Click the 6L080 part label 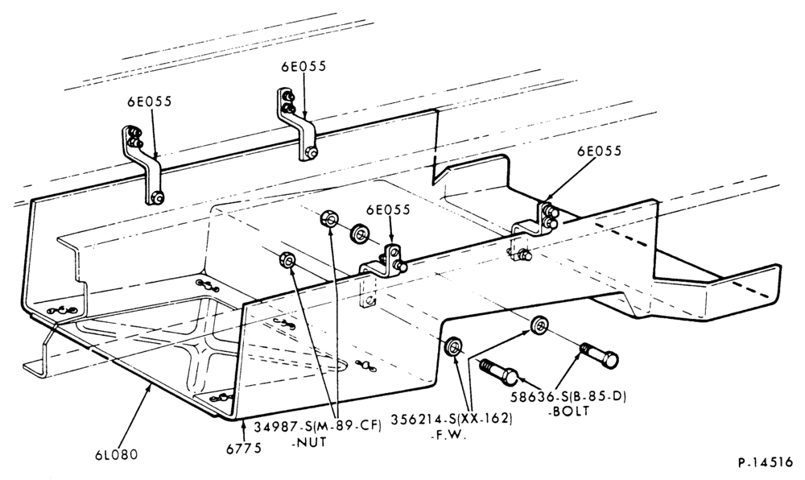click(116, 454)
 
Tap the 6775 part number click(244, 448)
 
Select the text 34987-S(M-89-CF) click(318, 427)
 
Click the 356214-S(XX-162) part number click(452, 419)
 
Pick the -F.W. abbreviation click(448, 436)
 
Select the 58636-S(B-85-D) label click(568, 397)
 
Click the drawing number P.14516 click(766, 462)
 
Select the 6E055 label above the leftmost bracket click(150, 101)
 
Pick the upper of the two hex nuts click(328, 219)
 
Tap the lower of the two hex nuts click(287, 259)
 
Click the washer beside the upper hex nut click(361, 234)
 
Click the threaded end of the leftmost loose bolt click(489, 367)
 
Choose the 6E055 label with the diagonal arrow click(599, 151)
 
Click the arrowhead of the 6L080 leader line click(151, 386)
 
